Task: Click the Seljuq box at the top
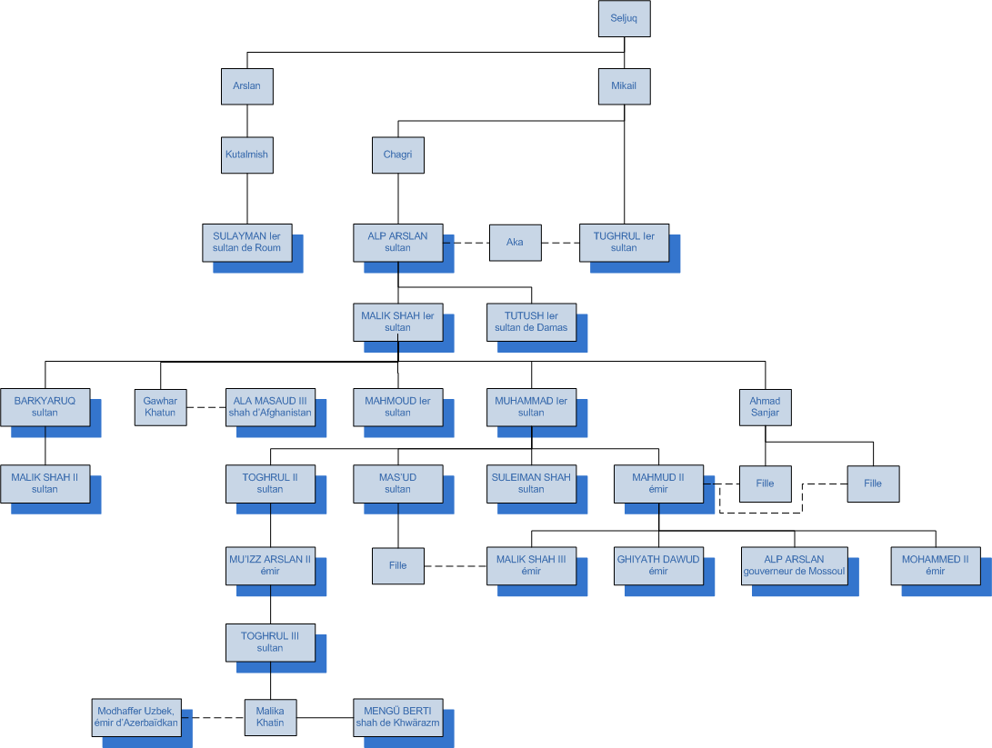[624, 19]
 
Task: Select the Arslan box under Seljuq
[247, 86]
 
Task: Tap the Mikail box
[624, 86]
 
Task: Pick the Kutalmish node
[247, 155]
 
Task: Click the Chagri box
[397, 155]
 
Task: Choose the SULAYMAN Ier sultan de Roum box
[247, 242]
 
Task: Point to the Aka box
[515, 242]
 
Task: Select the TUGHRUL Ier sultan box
[624, 242]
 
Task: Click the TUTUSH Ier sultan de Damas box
[531, 322]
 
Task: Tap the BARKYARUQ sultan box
[45, 405]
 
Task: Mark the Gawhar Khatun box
[160, 405]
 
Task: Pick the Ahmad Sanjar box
[765, 405]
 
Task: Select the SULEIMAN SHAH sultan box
[531, 483]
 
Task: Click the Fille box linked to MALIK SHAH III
[397, 565]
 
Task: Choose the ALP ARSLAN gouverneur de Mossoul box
[795, 565]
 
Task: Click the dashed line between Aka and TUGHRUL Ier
[560, 243]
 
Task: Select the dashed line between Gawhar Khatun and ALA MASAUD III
[205, 406]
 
